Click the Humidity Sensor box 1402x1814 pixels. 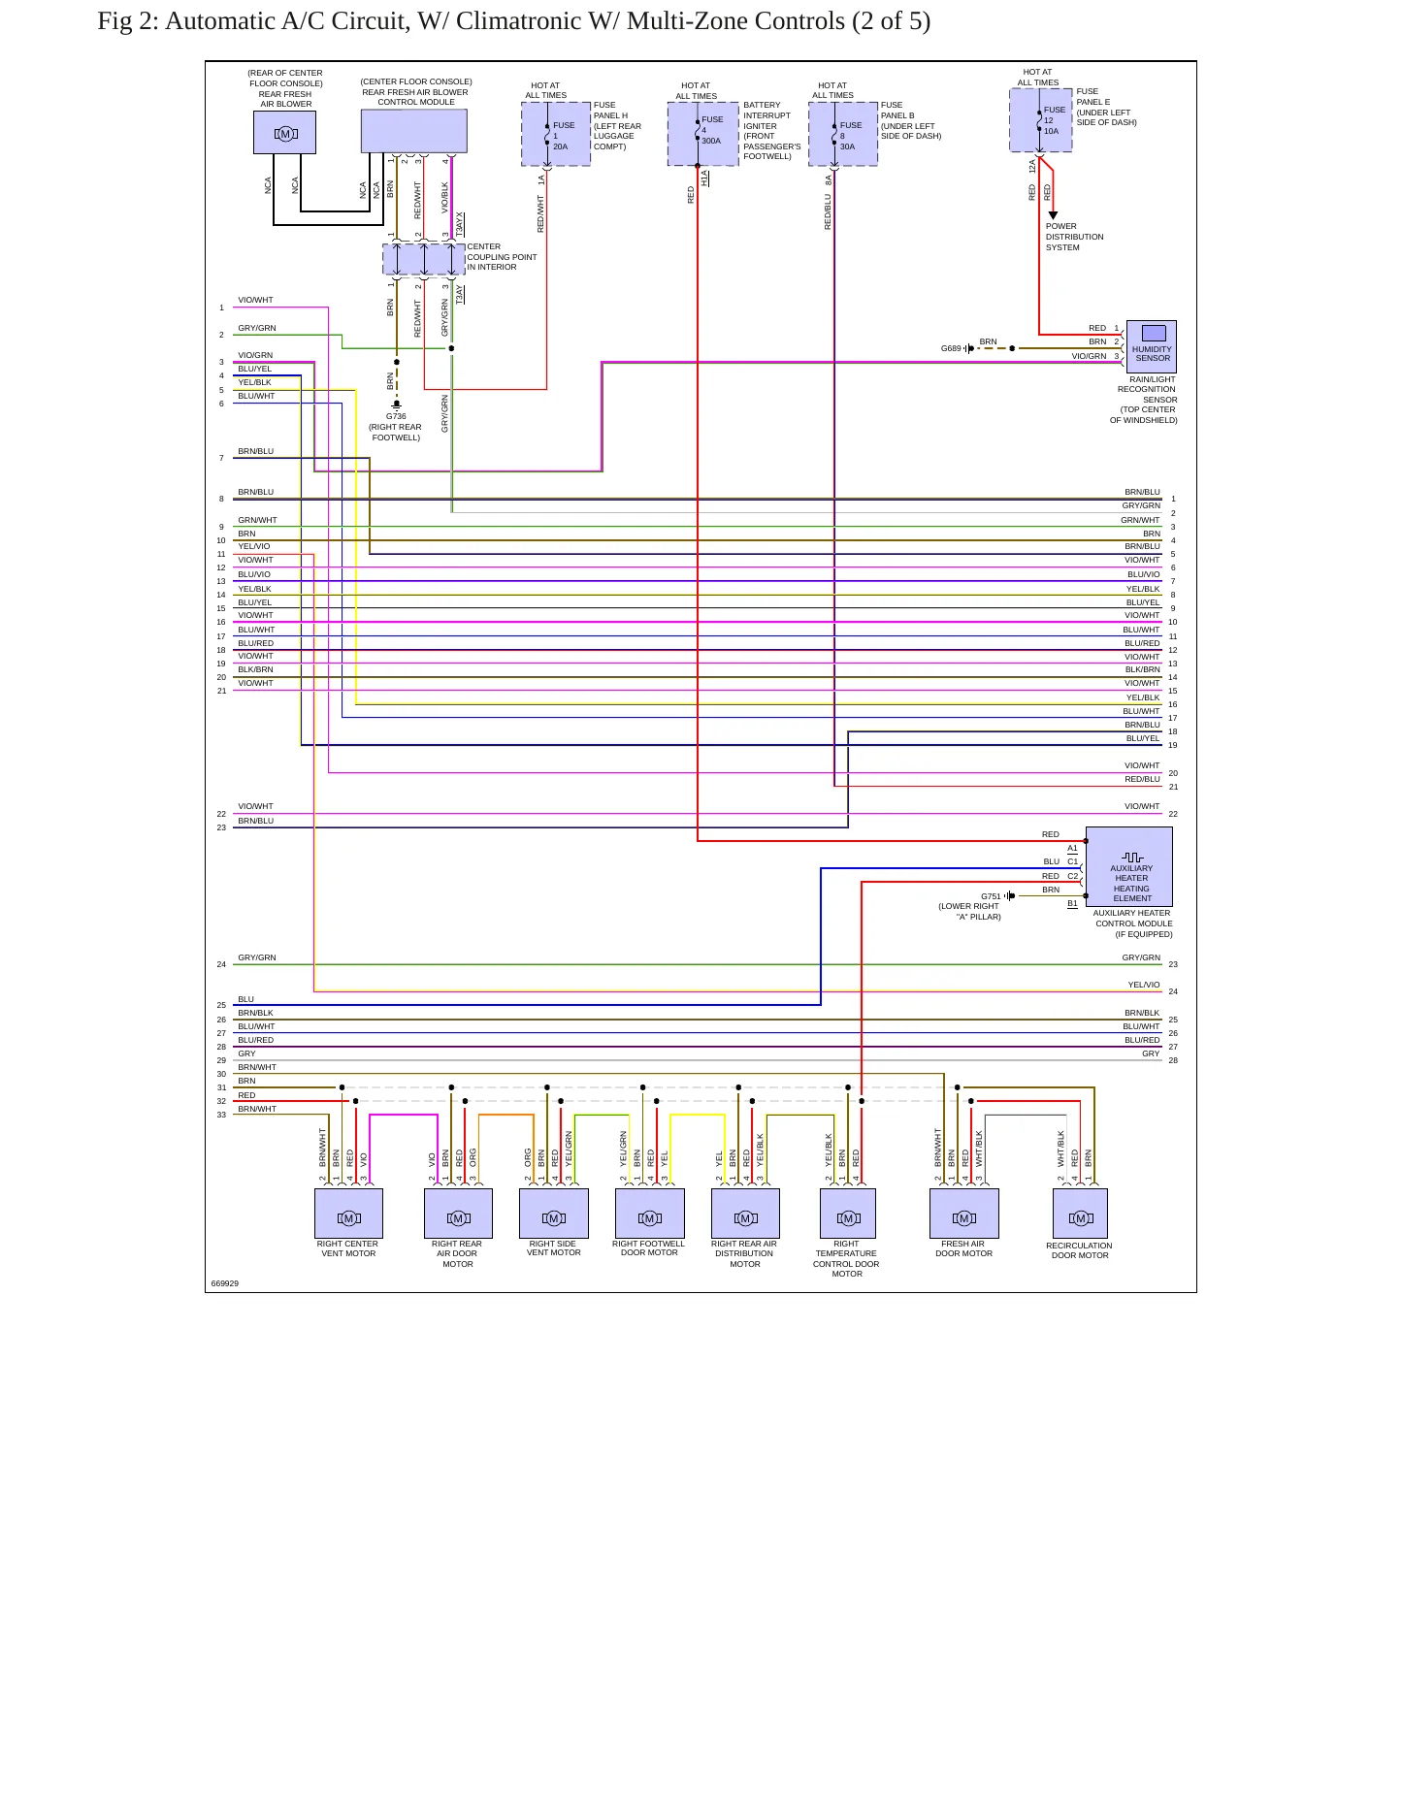click(1151, 346)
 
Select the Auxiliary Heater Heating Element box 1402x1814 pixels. click(1128, 866)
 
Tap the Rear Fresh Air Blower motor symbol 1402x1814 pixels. click(284, 133)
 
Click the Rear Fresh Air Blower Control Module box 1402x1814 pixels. click(414, 131)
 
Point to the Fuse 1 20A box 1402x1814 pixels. click(556, 134)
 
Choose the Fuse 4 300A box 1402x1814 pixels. click(703, 134)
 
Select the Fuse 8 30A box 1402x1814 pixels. click(843, 134)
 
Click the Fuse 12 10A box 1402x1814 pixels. click(1041, 120)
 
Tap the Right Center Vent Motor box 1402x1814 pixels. click(348, 1214)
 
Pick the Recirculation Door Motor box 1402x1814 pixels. click(1080, 1214)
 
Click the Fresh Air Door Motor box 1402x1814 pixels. click(963, 1214)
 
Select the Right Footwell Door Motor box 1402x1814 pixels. click(650, 1214)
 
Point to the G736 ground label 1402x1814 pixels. click(396, 416)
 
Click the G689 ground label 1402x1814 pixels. click(951, 348)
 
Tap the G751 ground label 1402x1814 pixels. click(991, 896)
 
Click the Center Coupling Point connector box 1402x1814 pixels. click(424, 259)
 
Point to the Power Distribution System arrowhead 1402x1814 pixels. click(1053, 215)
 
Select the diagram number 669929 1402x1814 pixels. click(225, 1283)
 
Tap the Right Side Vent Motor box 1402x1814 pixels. click(554, 1214)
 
